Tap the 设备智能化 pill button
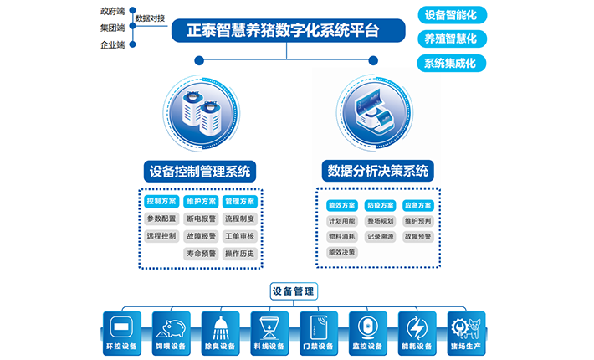click(x=452, y=14)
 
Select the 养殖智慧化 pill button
click(x=452, y=39)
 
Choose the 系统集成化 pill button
click(x=452, y=63)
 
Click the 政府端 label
click(x=112, y=12)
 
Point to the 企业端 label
click(x=112, y=44)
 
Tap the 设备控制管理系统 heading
click(x=198, y=172)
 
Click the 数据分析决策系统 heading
click(x=376, y=172)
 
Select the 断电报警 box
click(x=201, y=219)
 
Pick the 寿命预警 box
click(x=201, y=254)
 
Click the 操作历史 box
click(x=239, y=254)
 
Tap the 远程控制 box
click(x=161, y=236)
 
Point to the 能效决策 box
click(x=342, y=252)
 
